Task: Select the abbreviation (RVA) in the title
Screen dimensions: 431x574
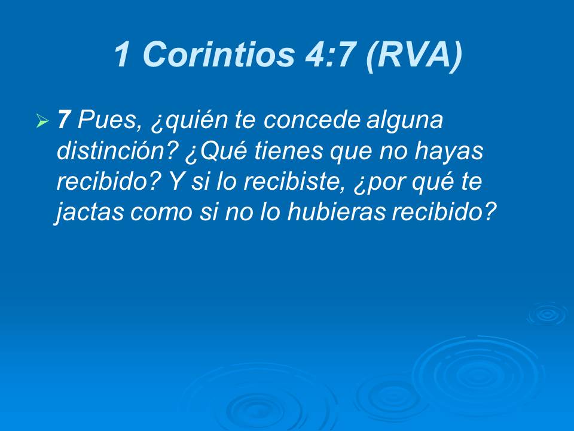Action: pos(413,55)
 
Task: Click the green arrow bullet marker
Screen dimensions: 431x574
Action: pos(42,122)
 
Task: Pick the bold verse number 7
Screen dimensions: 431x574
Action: pos(64,120)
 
